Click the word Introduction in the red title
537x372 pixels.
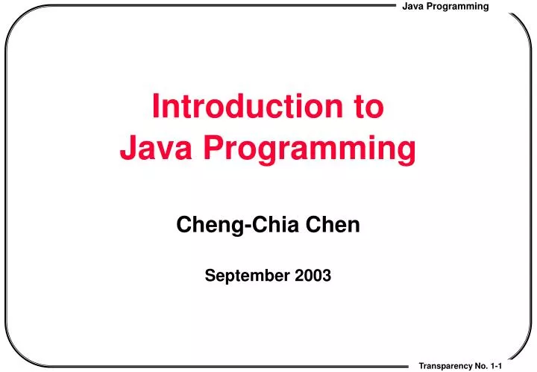click(x=239, y=108)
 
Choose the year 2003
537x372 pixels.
click(x=314, y=276)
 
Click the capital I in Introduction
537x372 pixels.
click(x=156, y=108)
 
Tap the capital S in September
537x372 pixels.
click(x=209, y=276)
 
